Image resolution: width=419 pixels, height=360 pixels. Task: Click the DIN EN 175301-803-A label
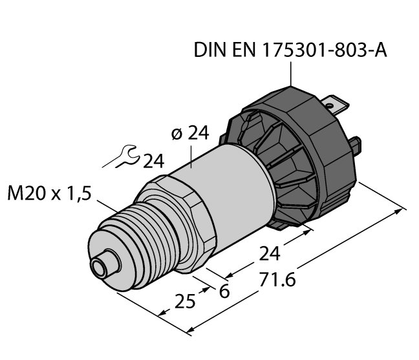tap(290, 50)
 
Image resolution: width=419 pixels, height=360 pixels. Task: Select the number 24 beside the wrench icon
tap(154, 161)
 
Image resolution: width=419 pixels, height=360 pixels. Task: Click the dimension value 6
tap(224, 291)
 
